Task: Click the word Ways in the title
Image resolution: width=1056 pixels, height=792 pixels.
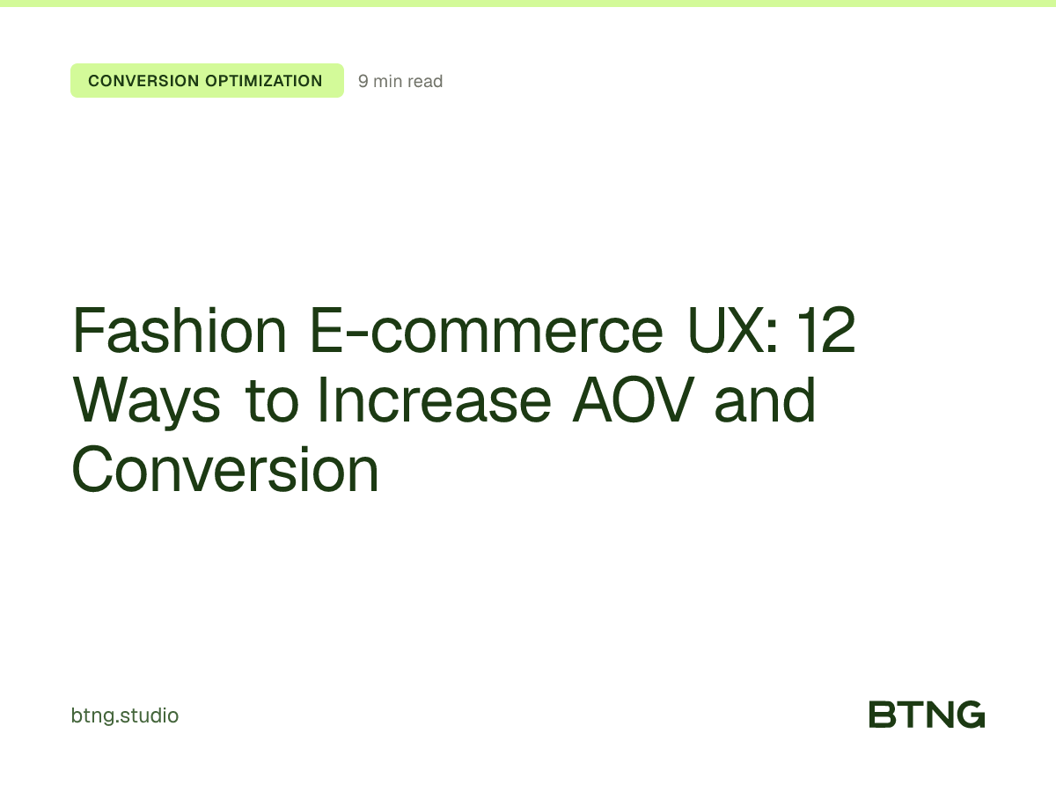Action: pyautogui.click(x=146, y=401)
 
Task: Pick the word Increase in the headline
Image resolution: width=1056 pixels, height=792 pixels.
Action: pyautogui.click(x=433, y=401)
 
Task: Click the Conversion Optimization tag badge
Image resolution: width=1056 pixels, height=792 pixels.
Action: pyautogui.click(x=207, y=81)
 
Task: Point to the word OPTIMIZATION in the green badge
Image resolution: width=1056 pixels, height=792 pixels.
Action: pyautogui.click(x=264, y=81)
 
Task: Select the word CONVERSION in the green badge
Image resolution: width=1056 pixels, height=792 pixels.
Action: pyautogui.click(x=143, y=81)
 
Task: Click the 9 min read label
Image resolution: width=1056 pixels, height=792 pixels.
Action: pyautogui.click(x=400, y=82)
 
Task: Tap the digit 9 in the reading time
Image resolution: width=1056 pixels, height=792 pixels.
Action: pyautogui.click(x=363, y=82)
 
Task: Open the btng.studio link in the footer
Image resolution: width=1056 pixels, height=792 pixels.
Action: pyautogui.click(x=124, y=715)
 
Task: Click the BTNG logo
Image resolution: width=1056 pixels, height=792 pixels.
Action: pyautogui.click(x=927, y=715)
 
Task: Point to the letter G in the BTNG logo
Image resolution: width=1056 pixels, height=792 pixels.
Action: pyautogui.click(x=970, y=715)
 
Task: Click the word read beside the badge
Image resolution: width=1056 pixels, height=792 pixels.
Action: pyautogui.click(x=426, y=82)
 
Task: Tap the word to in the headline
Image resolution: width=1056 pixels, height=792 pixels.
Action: pyautogui.click(x=270, y=401)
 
